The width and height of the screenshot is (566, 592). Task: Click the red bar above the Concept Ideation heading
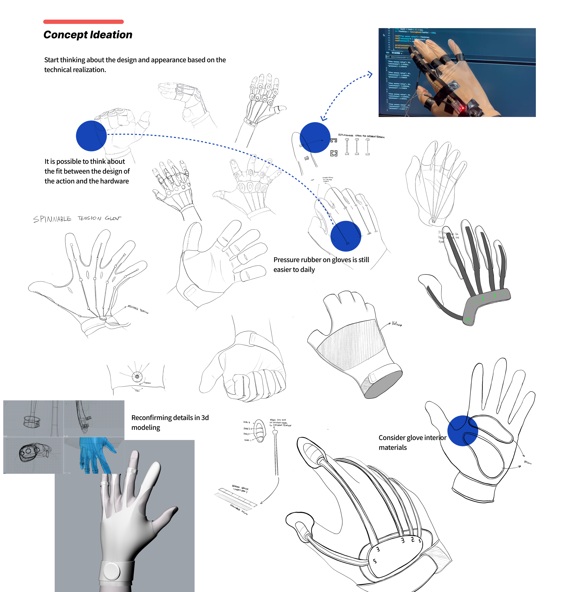pos(83,22)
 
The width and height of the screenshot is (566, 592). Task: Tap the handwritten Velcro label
pos(397,324)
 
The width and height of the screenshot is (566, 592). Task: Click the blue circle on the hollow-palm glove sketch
pos(463,431)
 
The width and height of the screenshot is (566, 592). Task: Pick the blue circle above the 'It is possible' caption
pos(91,136)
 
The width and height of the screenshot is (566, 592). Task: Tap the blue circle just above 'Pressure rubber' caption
pos(346,236)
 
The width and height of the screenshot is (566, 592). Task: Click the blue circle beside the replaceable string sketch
pos(315,137)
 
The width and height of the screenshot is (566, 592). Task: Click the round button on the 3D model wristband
pos(112,571)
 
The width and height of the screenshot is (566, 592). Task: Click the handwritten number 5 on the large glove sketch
pos(375,561)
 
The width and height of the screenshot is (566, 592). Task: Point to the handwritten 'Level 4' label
pos(247,422)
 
